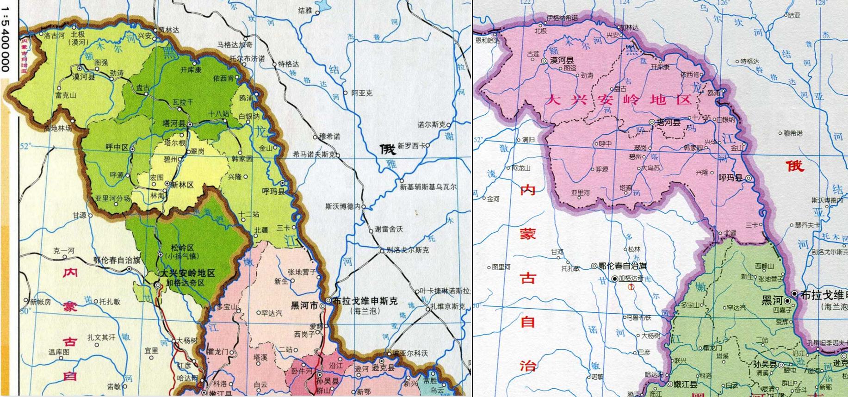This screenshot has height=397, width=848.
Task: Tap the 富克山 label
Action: (x=66, y=95)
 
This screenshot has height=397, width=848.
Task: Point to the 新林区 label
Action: (x=182, y=184)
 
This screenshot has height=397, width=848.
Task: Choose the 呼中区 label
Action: (x=117, y=147)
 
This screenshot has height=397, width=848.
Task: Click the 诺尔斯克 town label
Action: (x=431, y=125)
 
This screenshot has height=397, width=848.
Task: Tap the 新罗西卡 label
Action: (x=411, y=145)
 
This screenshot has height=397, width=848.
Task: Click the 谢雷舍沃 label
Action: (x=389, y=229)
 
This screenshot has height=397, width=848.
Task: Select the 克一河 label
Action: (x=63, y=251)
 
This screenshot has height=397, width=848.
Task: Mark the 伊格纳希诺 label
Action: (x=562, y=18)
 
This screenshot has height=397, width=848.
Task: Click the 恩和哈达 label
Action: (x=488, y=41)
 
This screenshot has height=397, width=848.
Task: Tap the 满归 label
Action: (x=528, y=139)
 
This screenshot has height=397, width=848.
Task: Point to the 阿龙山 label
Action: (x=521, y=168)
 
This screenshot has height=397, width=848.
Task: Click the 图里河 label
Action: (x=501, y=267)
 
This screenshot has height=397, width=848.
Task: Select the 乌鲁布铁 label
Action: (x=639, y=317)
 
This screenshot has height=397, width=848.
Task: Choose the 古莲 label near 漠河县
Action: (x=533, y=54)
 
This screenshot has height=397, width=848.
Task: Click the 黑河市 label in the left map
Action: (x=304, y=305)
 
